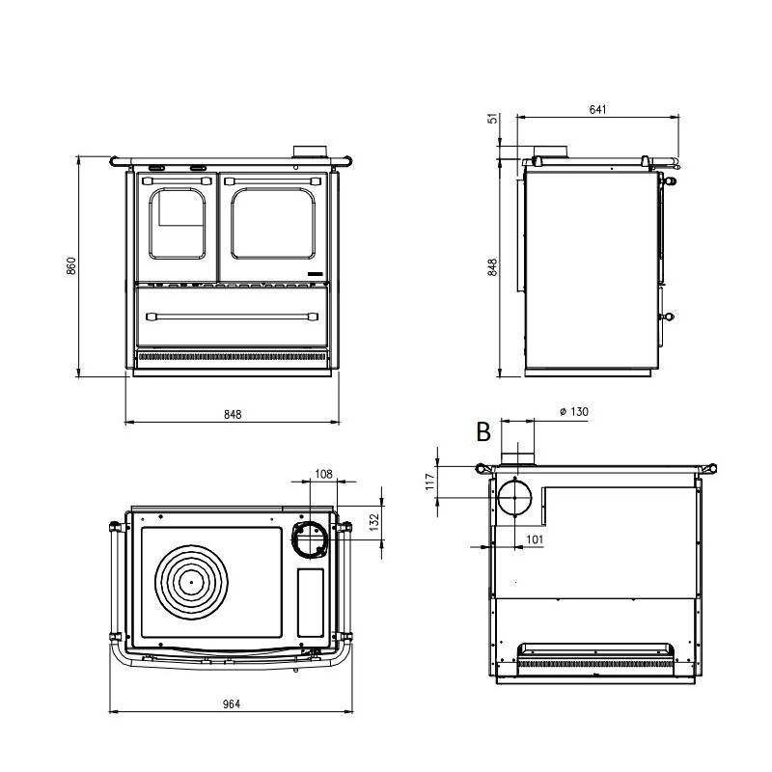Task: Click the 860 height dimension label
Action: (x=71, y=267)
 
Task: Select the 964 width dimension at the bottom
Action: (x=231, y=703)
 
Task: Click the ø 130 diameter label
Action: (x=573, y=412)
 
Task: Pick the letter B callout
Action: (x=483, y=432)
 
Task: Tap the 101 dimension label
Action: (x=538, y=539)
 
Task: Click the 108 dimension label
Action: (x=323, y=474)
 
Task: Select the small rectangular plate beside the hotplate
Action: (x=311, y=601)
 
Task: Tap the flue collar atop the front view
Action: (x=310, y=152)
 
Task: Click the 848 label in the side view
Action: (x=493, y=267)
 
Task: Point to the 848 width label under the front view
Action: (x=232, y=414)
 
